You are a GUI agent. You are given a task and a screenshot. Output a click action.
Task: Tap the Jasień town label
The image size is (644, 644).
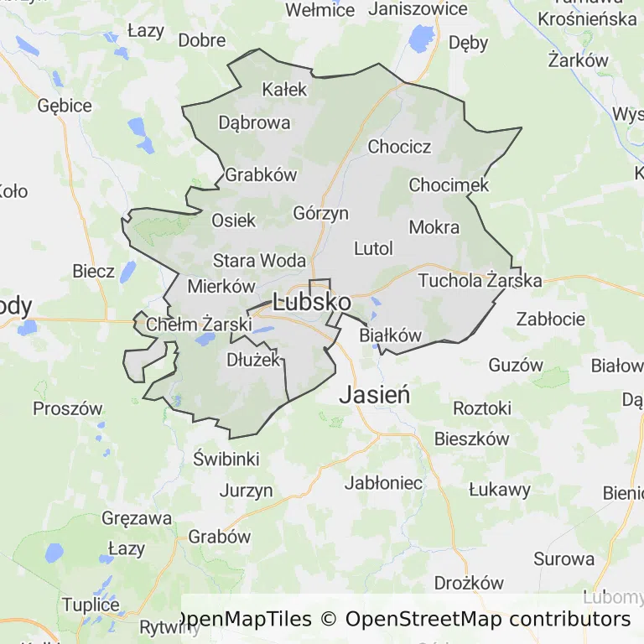click(x=374, y=394)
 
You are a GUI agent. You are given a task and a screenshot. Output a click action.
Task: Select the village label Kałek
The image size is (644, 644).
click(x=285, y=89)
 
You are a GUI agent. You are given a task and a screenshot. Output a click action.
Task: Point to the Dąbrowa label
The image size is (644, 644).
click(x=254, y=122)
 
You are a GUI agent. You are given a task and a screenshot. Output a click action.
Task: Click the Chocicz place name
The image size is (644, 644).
click(x=399, y=147)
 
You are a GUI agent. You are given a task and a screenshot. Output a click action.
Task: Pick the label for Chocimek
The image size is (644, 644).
click(x=449, y=184)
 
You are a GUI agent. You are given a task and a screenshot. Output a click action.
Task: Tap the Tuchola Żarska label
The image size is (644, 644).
click(x=480, y=280)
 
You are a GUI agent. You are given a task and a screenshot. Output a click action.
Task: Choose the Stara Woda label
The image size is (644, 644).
click(x=259, y=260)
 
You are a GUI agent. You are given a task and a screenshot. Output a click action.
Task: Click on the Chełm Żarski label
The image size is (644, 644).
click(x=199, y=324)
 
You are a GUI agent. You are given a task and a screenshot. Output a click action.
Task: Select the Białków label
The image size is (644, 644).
click(x=390, y=335)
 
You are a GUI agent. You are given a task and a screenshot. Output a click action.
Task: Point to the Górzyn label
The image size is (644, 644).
click(x=320, y=213)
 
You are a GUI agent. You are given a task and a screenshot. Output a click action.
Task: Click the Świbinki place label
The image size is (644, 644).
click(x=226, y=459)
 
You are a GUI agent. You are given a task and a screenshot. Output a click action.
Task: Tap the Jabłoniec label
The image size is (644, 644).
click(x=384, y=483)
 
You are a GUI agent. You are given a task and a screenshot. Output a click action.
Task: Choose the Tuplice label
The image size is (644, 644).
click(x=91, y=605)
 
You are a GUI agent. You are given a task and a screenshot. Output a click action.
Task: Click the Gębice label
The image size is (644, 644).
click(x=65, y=106)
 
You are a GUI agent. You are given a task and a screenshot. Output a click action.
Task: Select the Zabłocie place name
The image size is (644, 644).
click(x=550, y=319)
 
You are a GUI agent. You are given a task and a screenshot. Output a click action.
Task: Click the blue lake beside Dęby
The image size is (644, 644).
click(x=418, y=38)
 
